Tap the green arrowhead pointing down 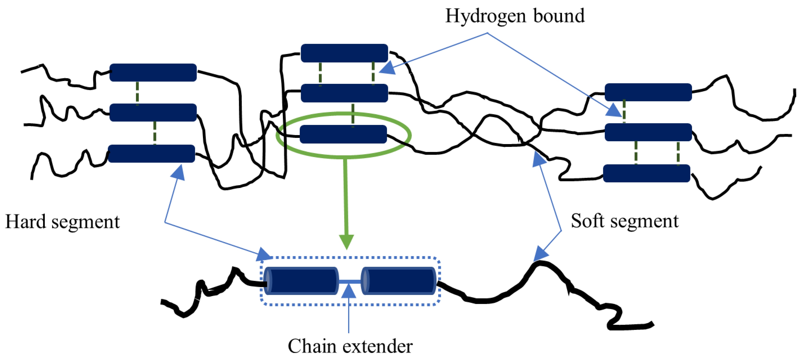tap(346, 242)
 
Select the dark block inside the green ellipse tap(343, 134)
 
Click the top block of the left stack tap(153, 72)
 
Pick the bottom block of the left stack tap(151, 153)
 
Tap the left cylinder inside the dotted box tap(301, 281)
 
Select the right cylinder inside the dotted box tap(399, 281)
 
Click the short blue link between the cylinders tap(350, 281)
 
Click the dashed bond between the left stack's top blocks tap(137, 93)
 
